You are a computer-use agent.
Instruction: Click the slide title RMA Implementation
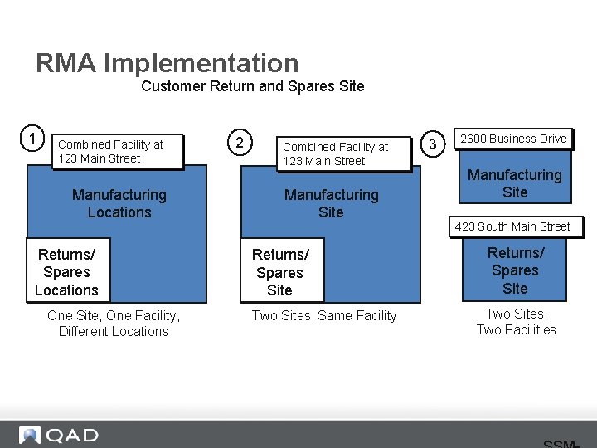[x=167, y=63]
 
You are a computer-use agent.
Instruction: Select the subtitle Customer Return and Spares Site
[x=252, y=86]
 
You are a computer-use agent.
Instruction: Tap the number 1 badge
[x=32, y=137]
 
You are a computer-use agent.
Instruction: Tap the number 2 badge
[x=240, y=143]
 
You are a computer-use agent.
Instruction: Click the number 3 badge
[x=432, y=145]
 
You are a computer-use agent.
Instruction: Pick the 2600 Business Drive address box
[x=513, y=139]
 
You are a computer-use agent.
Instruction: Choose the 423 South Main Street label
[x=512, y=226]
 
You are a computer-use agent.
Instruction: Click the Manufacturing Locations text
[x=119, y=203]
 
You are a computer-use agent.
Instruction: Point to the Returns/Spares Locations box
[x=67, y=271]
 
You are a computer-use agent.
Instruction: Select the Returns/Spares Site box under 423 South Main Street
[x=515, y=270]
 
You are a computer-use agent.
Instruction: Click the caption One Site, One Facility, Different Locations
[x=114, y=323]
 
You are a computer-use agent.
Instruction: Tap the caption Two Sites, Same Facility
[x=324, y=315]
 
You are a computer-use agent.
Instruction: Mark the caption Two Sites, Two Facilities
[x=516, y=322]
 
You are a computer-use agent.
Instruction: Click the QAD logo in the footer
[x=59, y=436]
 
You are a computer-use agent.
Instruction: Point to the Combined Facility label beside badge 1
[x=116, y=152]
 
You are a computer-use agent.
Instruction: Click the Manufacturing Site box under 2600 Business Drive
[x=515, y=183]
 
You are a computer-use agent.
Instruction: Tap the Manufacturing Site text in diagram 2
[x=331, y=203]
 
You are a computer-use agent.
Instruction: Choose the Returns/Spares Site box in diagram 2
[x=280, y=272]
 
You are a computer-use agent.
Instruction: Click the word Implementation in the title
[x=201, y=63]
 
